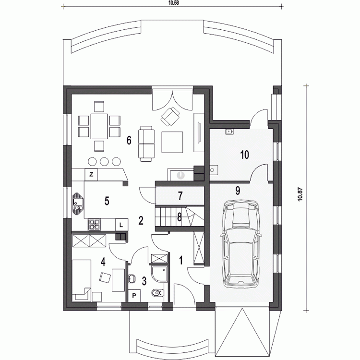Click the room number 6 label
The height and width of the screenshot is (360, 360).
point(129,140)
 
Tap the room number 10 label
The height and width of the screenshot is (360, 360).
point(244,155)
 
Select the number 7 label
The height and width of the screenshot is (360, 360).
point(180,196)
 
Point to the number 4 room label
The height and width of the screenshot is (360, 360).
point(103,262)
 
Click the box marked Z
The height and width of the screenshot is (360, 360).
point(91,175)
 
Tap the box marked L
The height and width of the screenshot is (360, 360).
point(121,225)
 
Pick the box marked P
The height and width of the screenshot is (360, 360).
point(134,296)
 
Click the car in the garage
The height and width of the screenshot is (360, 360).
point(241,244)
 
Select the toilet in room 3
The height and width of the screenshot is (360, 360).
point(158,293)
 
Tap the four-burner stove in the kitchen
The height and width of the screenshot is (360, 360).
point(95,225)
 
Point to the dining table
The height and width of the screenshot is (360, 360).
point(99,126)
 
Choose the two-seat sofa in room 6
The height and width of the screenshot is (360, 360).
point(146,144)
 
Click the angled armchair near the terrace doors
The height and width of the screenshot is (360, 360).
point(170,117)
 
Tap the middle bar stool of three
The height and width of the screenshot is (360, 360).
point(105,162)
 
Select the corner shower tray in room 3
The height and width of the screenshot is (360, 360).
point(160,274)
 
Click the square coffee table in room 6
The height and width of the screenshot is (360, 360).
point(172,142)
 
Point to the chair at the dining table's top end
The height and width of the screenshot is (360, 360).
point(99,107)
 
